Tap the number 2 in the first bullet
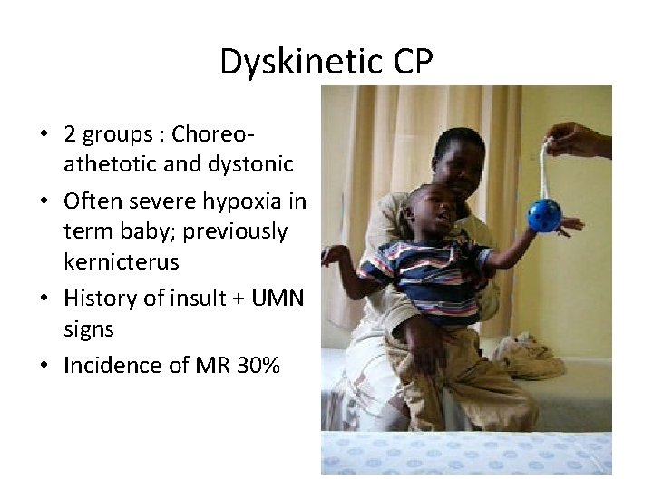tap(70, 134)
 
